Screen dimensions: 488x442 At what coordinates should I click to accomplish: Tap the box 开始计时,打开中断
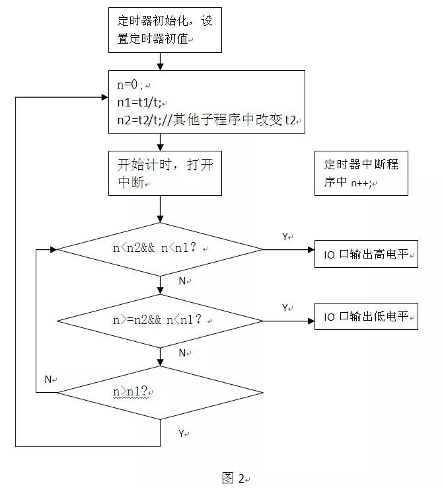coord(165,173)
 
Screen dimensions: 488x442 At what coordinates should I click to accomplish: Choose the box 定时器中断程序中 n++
coord(361,173)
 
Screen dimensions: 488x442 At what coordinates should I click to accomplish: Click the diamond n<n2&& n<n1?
coord(161,249)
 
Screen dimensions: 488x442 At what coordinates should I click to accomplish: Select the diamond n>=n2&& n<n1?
coord(161,320)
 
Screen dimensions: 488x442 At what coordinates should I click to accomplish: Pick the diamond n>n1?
coord(161,392)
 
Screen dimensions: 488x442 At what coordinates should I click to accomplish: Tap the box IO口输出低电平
coord(366,317)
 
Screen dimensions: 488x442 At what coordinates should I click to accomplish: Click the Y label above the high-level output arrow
coord(286,236)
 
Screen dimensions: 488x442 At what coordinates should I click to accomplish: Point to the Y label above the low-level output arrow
coord(286,307)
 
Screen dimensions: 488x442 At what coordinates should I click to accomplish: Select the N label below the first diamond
coord(183,281)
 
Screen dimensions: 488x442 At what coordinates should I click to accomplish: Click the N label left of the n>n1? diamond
coord(48,380)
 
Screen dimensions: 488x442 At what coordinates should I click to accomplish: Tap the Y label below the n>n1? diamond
coord(182,433)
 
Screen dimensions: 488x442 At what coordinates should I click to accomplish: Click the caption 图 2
coord(233,477)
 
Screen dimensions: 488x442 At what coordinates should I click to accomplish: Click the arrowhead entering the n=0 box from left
coord(104,97)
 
